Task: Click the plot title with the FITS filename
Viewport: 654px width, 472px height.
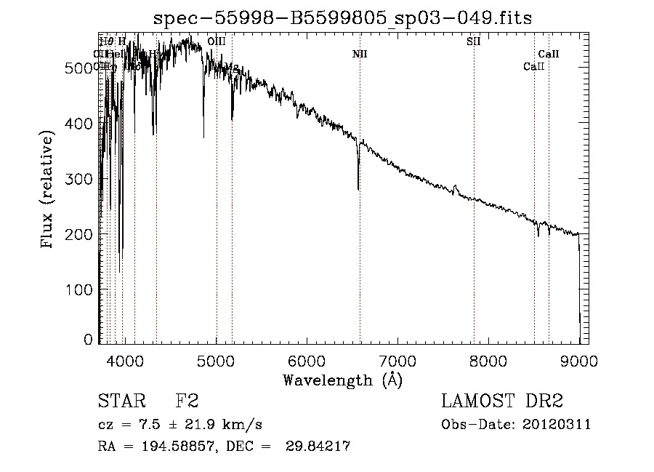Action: (x=342, y=19)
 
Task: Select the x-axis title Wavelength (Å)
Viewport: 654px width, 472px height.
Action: (x=342, y=380)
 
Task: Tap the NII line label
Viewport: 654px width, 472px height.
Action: (x=360, y=54)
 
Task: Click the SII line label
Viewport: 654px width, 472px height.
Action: (x=473, y=41)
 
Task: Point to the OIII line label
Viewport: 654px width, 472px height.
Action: (x=217, y=41)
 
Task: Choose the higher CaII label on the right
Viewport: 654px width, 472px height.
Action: (x=549, y=54)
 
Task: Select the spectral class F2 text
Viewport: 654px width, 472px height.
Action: (x=187, y=401)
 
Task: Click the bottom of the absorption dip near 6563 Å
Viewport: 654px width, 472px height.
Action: (x=358, y=189)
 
